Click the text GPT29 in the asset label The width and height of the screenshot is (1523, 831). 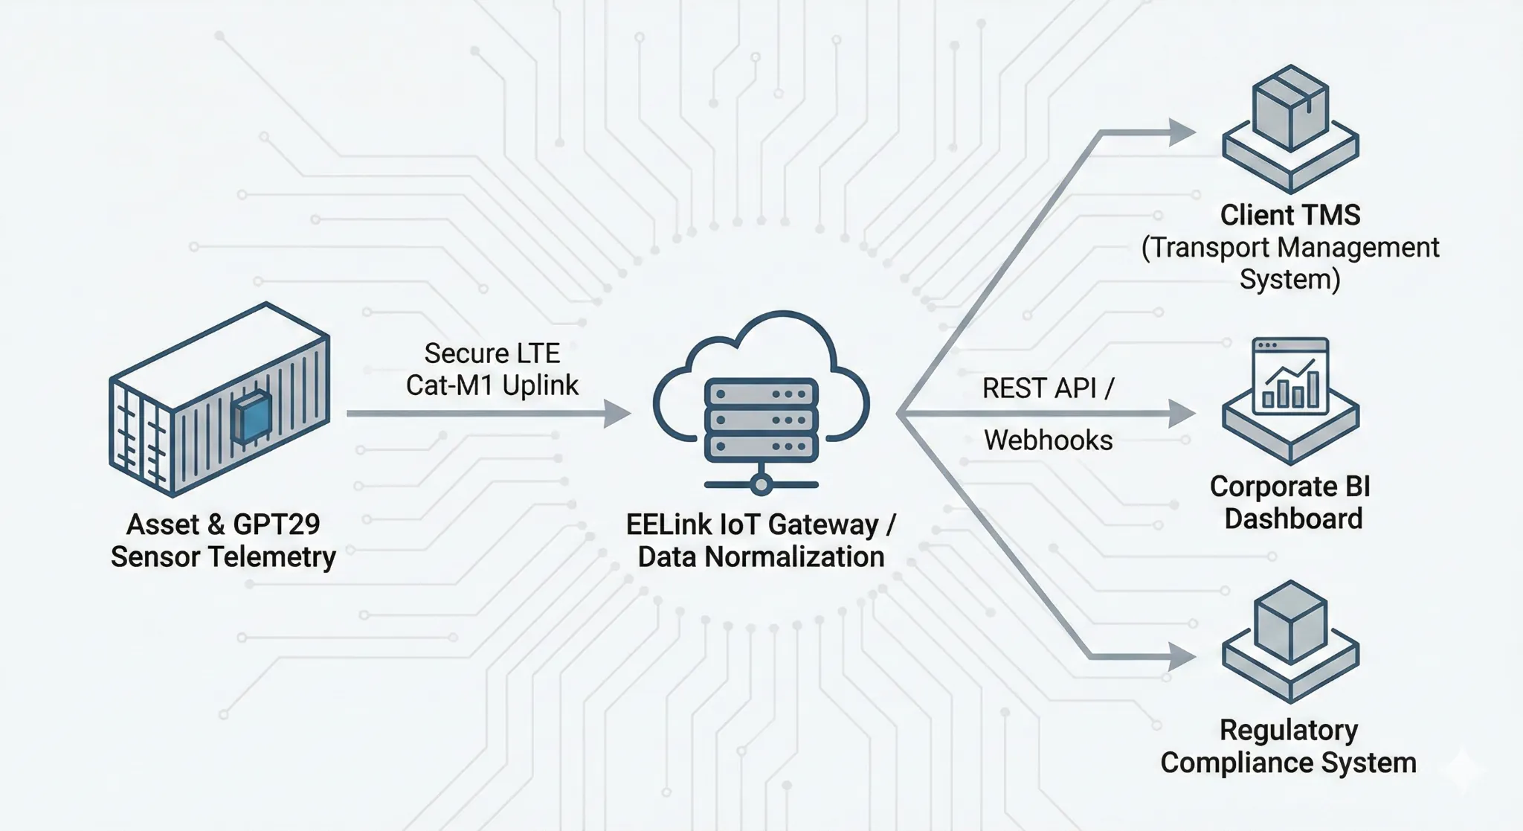[x=276, y=524]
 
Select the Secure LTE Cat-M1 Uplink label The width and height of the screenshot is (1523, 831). [x=492, y=369]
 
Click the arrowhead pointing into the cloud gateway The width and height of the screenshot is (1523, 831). [x=616, y=414]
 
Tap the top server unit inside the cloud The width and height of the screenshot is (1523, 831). [x=761, y=393]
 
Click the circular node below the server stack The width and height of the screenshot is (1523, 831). [x=760, y=485]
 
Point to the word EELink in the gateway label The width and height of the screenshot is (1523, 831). [x=669, y=524]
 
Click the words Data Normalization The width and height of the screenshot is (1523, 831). [x=761, y=556]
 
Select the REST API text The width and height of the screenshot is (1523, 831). [x=1039, y=388]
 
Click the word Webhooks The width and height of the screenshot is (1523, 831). [x=1048, y=440]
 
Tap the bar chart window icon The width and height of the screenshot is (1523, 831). [x=1290, y=376]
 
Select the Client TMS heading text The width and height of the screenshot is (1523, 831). [x=1290, y=215]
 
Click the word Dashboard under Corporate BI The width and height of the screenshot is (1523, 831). [x=1293, y=519]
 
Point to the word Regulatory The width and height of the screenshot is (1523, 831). [x=1289, y=731]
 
